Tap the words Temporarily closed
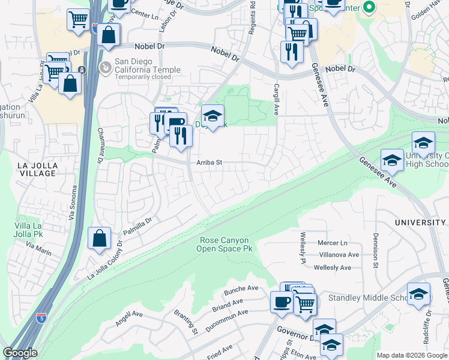140,77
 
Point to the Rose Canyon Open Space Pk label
223,244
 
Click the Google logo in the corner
20,353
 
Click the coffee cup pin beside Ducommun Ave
281,303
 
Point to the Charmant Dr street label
100,146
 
